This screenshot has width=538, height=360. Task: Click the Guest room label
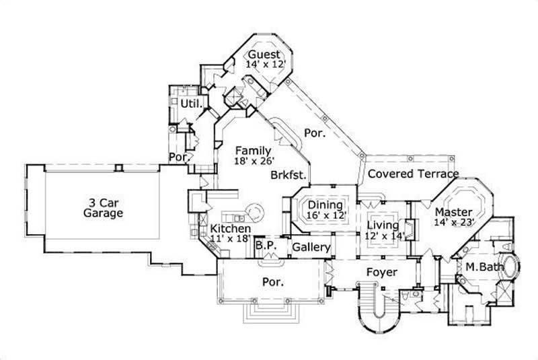coord(264,55)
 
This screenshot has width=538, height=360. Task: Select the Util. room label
coord(189,104)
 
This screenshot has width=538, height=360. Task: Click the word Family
coord(252,151)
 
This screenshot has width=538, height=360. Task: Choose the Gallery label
coord(311,248)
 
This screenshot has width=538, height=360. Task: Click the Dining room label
coord(325,205)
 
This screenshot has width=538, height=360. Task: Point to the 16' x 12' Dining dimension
coord(325,216)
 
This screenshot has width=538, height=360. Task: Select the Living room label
coord(383,225)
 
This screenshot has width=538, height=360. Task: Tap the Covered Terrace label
coord(413,174)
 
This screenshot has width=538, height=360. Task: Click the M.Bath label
coord(481,267)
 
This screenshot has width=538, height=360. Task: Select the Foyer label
coord(381,273)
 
